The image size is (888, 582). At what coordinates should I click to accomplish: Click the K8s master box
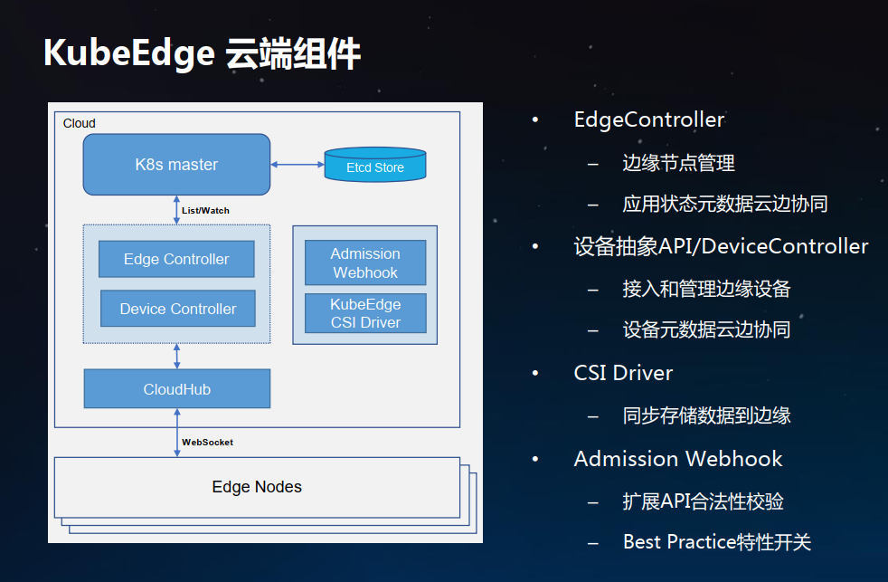pos(176,165)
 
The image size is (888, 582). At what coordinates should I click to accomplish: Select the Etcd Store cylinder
pos(375,165)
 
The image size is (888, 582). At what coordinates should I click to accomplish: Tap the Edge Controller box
pos(176,259)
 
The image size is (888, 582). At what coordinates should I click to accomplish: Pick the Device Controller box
pos(178,309)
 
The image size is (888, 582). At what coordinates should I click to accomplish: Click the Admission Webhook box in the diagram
pos(365,262)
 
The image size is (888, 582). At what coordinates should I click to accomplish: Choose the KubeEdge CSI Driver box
pos(365,313)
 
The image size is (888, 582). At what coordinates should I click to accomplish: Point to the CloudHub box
pos(176,389)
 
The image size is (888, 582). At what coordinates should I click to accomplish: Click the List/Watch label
pos(205,210)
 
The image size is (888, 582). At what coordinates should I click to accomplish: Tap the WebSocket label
pos(207,442)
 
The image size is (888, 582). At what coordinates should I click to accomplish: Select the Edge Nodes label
pos(257,487)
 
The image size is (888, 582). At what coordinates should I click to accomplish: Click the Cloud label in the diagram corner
pos(80,123)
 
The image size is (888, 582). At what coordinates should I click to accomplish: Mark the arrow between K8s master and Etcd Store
pos(298,165)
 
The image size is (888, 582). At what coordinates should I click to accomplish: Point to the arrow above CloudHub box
pos(176,357)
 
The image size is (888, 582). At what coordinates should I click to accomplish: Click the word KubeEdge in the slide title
pos(129,53)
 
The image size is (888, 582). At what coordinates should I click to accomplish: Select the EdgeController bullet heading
pos(649,119)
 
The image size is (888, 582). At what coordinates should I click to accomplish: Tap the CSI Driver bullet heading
pos(623,373)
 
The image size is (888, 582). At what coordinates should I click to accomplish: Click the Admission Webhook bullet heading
pos(678,459)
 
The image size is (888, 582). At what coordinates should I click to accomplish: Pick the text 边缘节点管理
pos(678,163)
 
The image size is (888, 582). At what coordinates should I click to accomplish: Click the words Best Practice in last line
pos(680,542)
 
